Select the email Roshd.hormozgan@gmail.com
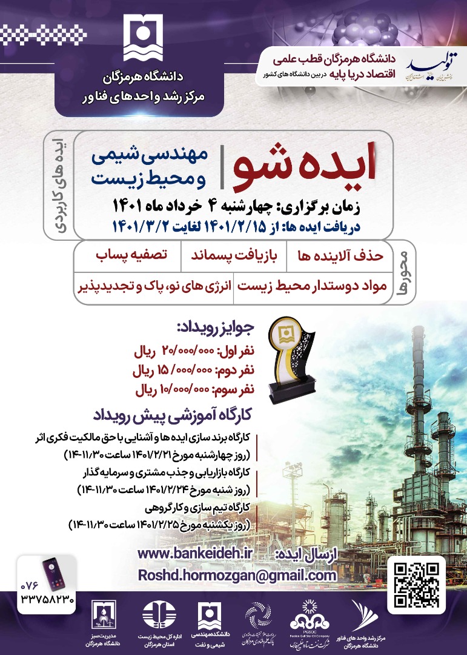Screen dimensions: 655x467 point(237,574)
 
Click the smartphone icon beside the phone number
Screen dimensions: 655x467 point(53,573)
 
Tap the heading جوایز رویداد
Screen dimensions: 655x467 point(215,329)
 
